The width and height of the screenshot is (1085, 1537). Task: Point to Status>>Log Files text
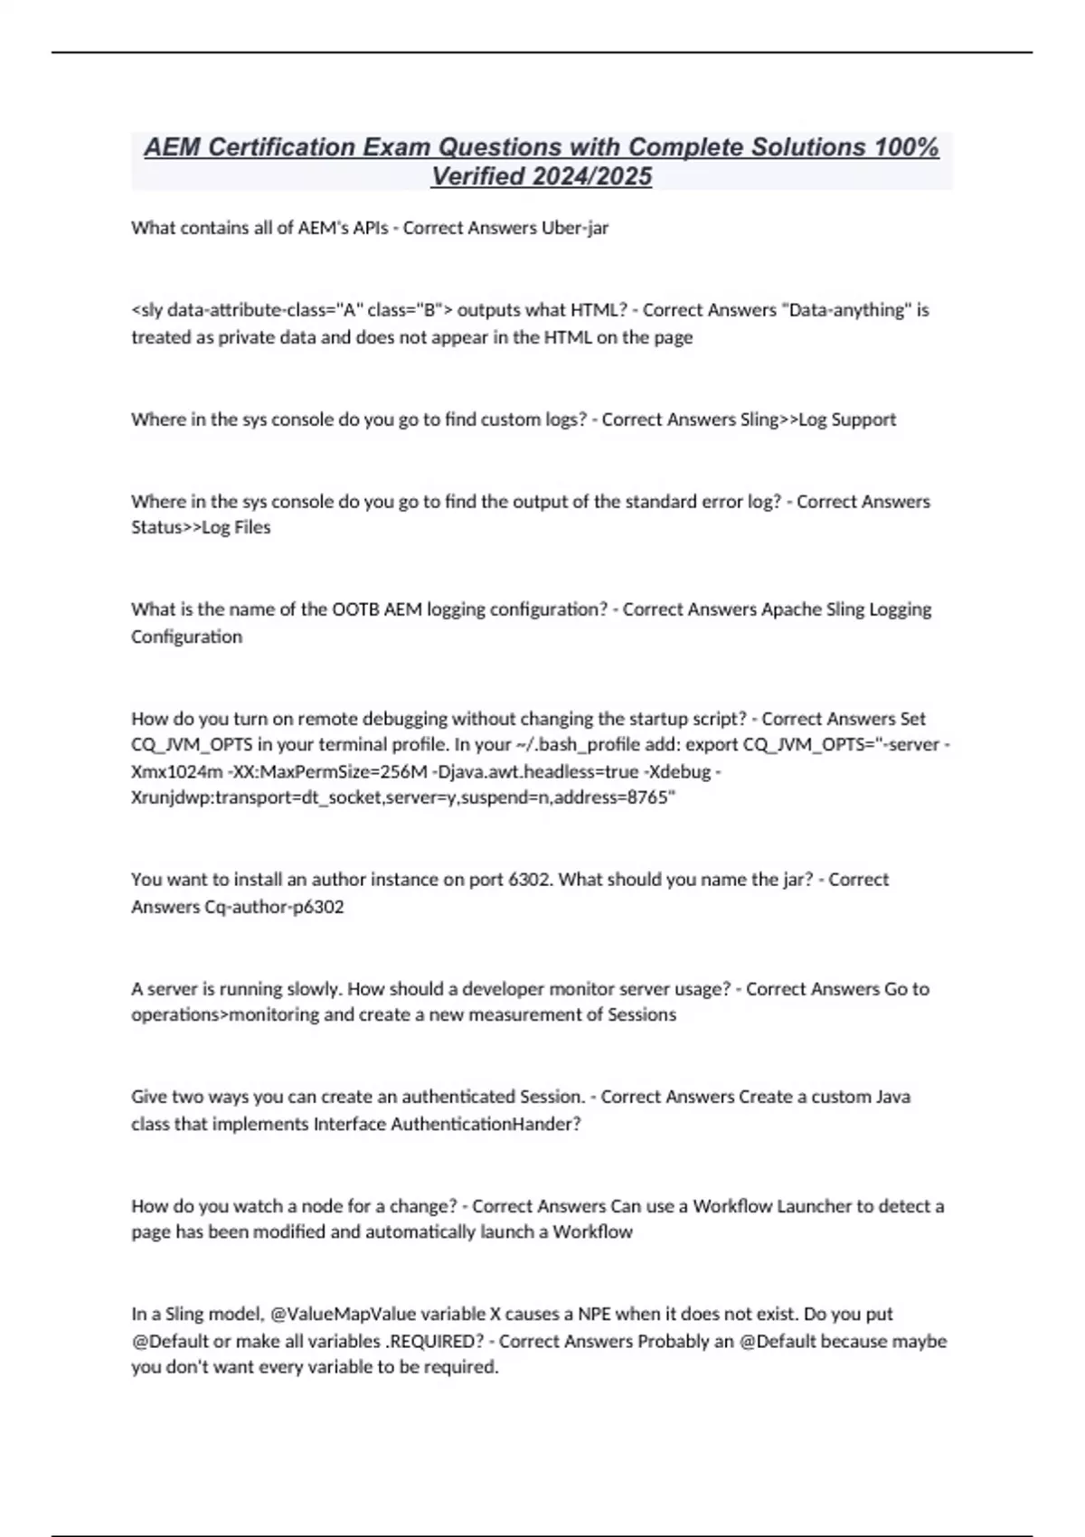coord(201,527)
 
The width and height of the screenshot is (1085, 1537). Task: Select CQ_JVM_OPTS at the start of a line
coord(188,745)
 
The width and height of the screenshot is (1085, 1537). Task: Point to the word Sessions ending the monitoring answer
coord(639,1014)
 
